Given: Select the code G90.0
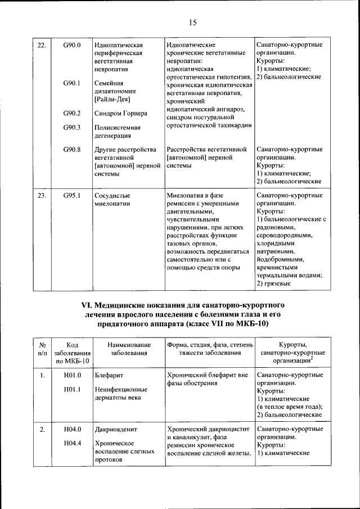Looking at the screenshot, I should tap(72, 44).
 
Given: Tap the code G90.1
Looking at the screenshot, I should tap(72, 83).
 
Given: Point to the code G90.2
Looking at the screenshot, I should tap(72, 113).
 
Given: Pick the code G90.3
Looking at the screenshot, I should tap(72, 127).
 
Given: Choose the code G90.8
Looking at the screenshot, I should tap(72, 150).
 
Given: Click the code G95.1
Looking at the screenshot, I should tap(72, 196).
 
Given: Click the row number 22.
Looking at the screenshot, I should tap(41, 44).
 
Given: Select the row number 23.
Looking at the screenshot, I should tap(41, 196).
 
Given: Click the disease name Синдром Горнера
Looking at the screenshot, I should tap(121, 113).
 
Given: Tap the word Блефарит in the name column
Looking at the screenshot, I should tap(109, 375).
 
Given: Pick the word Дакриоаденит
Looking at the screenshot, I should tap(116, 429).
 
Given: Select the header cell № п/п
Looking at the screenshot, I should tap(42, 349).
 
